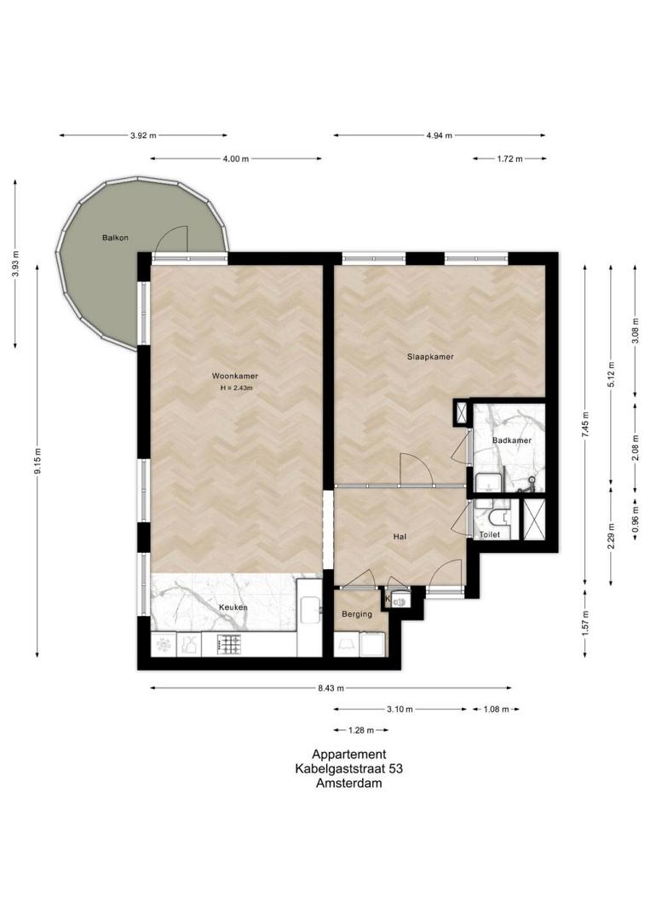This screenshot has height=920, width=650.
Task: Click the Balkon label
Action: (x=115, y=238)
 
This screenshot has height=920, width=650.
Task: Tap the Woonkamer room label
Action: (x=235, y=377)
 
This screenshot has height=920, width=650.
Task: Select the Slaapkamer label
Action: (x=430, y=357)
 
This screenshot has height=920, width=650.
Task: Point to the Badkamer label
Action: (x=511, y=440)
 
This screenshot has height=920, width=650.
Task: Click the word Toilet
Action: (x=490, y=534)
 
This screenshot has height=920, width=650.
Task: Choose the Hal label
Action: (x=400, y=537)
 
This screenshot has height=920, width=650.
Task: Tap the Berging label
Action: (x=357, y=614)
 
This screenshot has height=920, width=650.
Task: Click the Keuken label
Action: (x=233, y=607)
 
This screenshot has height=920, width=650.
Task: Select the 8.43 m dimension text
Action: (x=331, y=688)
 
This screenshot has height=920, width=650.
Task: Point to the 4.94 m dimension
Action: (x=440, y=135)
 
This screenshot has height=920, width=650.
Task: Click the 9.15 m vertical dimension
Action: (x=37, y=461)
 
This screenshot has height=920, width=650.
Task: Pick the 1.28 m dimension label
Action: (x=361, y=731)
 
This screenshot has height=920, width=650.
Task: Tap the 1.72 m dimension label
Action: (x=509, y=158)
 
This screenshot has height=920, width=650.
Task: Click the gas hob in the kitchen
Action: (x=229, y=645)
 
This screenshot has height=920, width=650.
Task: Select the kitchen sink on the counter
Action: (x=310, y=611)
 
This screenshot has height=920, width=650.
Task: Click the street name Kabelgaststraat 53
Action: (x=349, y=768)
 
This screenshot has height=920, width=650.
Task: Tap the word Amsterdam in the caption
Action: (x=349, y=783)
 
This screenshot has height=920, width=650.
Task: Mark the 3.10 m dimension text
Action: (x=400, y=710)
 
